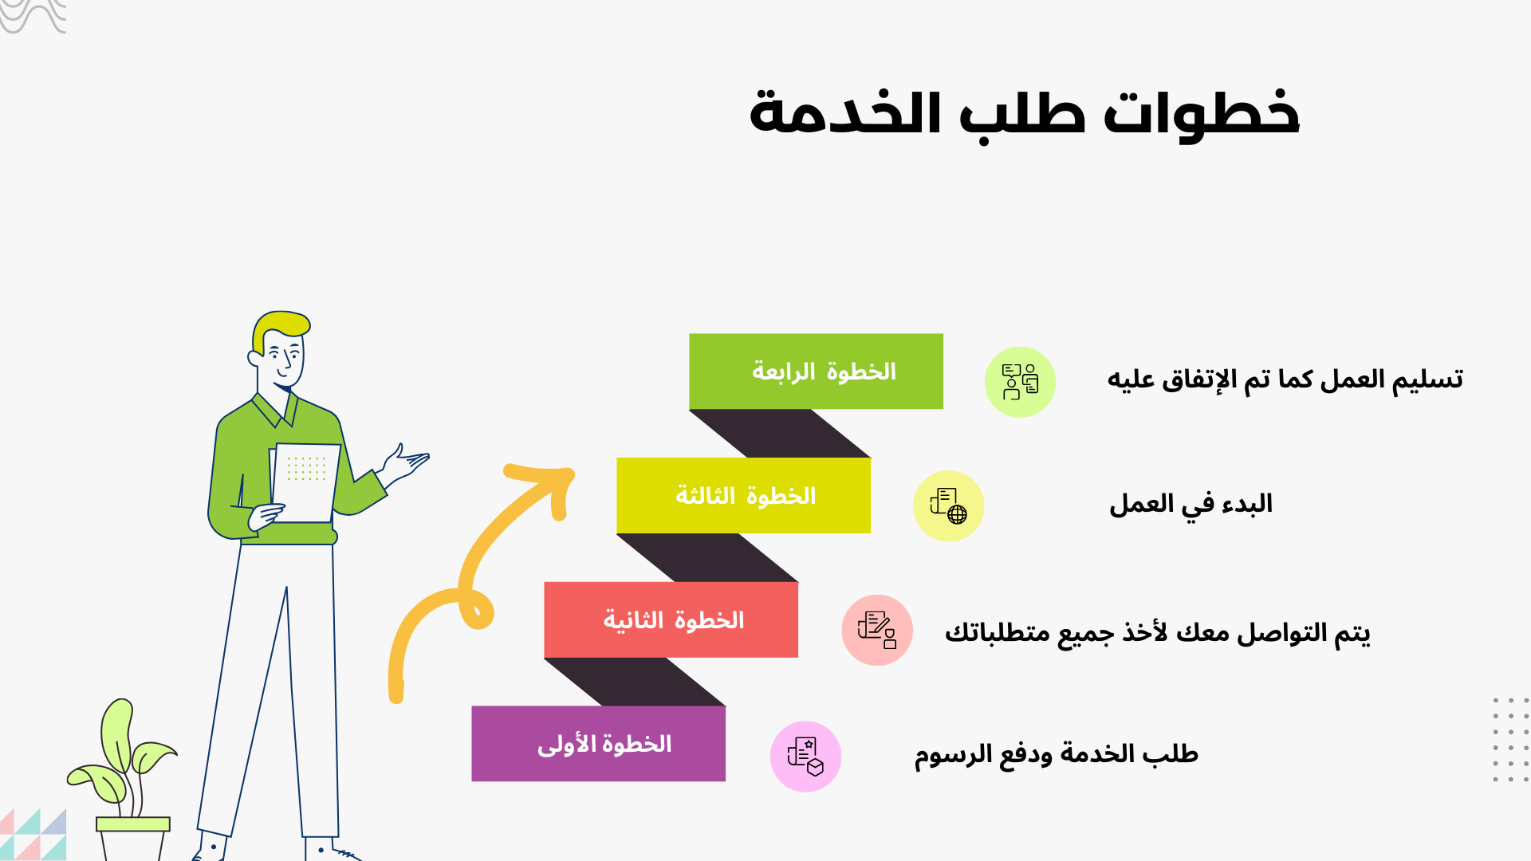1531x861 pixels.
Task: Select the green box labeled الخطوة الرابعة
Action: (x=816, y=372)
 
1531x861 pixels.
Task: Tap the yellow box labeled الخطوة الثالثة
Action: (x=743, y=495)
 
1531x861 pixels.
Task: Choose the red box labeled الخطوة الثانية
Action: (x=671, y=619)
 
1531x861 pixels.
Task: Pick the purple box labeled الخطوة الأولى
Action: (x=598, y=744)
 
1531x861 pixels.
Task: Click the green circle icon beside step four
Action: (x=1020, y=382)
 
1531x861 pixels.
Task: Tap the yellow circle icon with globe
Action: (x=948, y=506)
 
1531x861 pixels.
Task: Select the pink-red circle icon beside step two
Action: (x=877, y=630)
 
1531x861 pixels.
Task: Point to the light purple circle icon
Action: (x=805, y=757)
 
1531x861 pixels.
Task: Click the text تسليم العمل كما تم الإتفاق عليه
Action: (x=1285, y=379)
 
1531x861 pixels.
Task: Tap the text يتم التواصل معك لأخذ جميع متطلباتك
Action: (x=1158, y=633)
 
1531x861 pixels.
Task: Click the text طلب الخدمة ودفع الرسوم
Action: (x=1057, y=754)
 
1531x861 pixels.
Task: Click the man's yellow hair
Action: (x=278, y=328)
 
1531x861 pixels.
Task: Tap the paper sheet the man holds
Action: (x=305, y=482)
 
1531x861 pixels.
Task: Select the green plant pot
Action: (x=132, y=838)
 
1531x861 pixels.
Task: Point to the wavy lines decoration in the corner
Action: (x=32, y=16)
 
